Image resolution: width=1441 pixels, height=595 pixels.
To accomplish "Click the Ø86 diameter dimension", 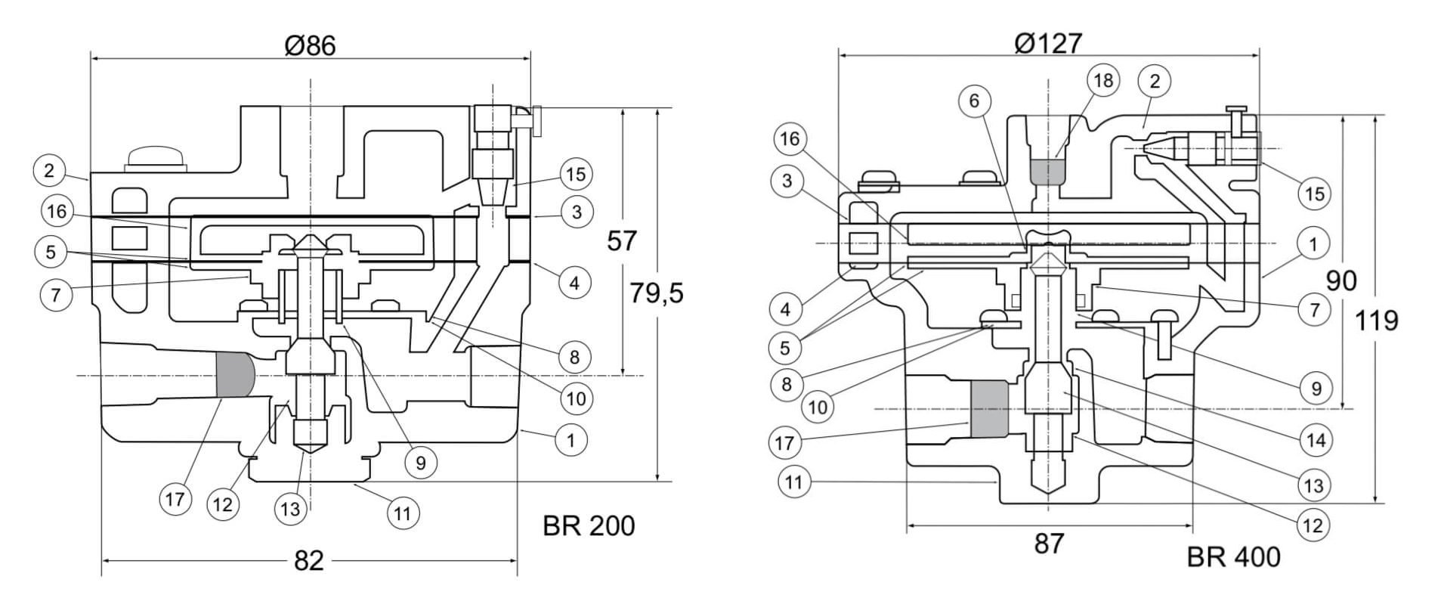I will point(310,45).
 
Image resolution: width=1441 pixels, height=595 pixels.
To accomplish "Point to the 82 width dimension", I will point(308,560).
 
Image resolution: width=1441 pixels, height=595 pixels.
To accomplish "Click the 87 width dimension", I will point(1048,543).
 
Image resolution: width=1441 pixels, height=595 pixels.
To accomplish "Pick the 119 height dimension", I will point(1375,321).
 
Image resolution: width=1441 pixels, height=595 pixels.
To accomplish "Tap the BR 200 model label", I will point(589,525).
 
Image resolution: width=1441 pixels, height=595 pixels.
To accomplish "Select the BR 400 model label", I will point(1233,557).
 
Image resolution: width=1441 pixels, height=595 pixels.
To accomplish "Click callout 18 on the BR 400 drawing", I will point(1103,80).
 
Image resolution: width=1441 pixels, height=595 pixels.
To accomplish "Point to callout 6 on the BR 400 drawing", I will point(974,101).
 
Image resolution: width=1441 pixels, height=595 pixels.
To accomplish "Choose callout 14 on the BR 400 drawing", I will point(1316,440).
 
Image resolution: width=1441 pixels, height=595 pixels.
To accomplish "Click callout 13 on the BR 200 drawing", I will point(290,509).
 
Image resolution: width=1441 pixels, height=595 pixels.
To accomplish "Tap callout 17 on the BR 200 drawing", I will point(175,499).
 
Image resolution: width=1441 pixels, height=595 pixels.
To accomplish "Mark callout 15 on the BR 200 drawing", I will point(575,175).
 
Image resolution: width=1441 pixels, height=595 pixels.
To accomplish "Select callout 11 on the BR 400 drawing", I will point(793,482).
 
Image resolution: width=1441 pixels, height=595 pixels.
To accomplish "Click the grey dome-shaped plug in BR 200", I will point(234,374).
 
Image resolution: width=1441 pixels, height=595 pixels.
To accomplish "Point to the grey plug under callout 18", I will point(1047,172).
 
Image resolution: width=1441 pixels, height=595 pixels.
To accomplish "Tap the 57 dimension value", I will point(622,241).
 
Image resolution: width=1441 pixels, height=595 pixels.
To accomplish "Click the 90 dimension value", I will point(1341,280).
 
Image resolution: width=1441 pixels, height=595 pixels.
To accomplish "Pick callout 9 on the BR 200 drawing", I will point(421,462).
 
